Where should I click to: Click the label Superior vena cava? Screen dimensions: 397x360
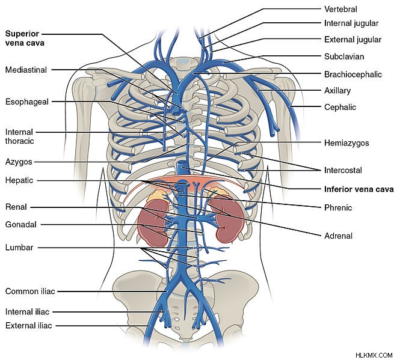25,38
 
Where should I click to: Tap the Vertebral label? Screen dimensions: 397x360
340,10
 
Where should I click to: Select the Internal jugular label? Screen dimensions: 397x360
351,23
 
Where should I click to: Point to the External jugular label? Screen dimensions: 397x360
352,40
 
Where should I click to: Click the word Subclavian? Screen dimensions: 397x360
344,56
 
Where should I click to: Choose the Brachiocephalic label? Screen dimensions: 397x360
353,75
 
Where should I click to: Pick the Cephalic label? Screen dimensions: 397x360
340,107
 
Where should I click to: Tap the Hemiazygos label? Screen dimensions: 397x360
346,143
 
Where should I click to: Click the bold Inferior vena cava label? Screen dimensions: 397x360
359,189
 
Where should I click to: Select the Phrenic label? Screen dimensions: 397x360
338,208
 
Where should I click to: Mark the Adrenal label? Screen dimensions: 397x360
338,236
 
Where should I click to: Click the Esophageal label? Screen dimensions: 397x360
27,102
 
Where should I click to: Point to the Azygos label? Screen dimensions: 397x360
19,162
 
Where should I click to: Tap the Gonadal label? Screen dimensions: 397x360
21,224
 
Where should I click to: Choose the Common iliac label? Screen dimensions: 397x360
30,291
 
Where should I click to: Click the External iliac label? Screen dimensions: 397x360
29,325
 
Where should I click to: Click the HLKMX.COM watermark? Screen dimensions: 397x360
374,355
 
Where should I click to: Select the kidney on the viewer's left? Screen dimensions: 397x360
153,222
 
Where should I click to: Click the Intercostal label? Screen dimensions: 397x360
343,170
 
